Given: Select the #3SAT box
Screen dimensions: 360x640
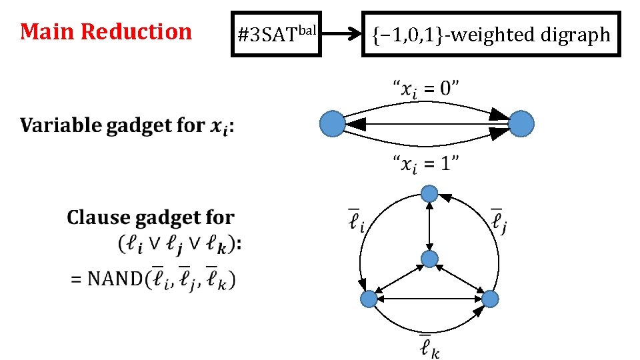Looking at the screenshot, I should [x=275, y=34].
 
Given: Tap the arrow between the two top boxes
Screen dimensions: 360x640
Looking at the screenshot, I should [x=341, y=34].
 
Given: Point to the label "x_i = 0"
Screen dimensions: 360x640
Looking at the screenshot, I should [x=425, y=88].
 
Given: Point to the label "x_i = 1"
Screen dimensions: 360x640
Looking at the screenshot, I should [x=425, y=162].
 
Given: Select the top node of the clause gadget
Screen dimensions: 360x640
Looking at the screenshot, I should [x=429, y=194].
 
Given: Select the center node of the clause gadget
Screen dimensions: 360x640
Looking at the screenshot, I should [x=429, y=259].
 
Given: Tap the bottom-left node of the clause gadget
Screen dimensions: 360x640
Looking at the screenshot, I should [x=368, y=299].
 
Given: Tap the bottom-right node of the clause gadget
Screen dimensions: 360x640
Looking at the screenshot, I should [x=489, y=299].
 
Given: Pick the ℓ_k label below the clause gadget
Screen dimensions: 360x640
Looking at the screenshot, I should [x=429, y=347].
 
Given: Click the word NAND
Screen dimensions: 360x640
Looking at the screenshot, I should [x=113, y=278].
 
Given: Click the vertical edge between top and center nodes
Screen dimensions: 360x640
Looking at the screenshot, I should [x=429, y=227].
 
